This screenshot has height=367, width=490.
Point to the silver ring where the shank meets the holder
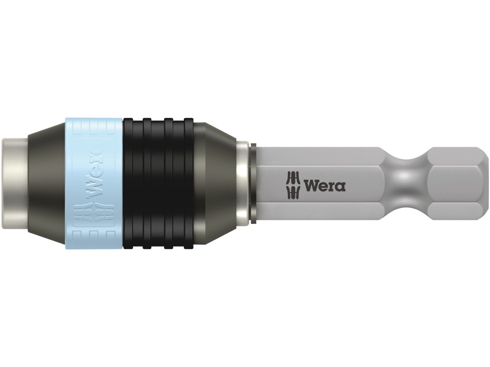pos(244,183)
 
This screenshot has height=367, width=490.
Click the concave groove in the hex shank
pos(405,183)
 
